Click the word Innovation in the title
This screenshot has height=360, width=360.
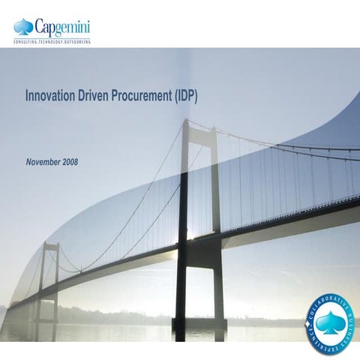tap(51, 97)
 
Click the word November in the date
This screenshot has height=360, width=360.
tap(43, 162)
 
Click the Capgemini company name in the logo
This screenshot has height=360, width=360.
tap(61, 28)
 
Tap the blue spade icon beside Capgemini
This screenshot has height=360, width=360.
tap(23, 28)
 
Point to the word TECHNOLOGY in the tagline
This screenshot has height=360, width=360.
tap(54, 42)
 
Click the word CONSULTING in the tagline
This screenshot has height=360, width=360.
tap(26, 42)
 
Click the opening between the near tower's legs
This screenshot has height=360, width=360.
tap(198, 187)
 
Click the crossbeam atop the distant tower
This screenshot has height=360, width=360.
tap(51, 244)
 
